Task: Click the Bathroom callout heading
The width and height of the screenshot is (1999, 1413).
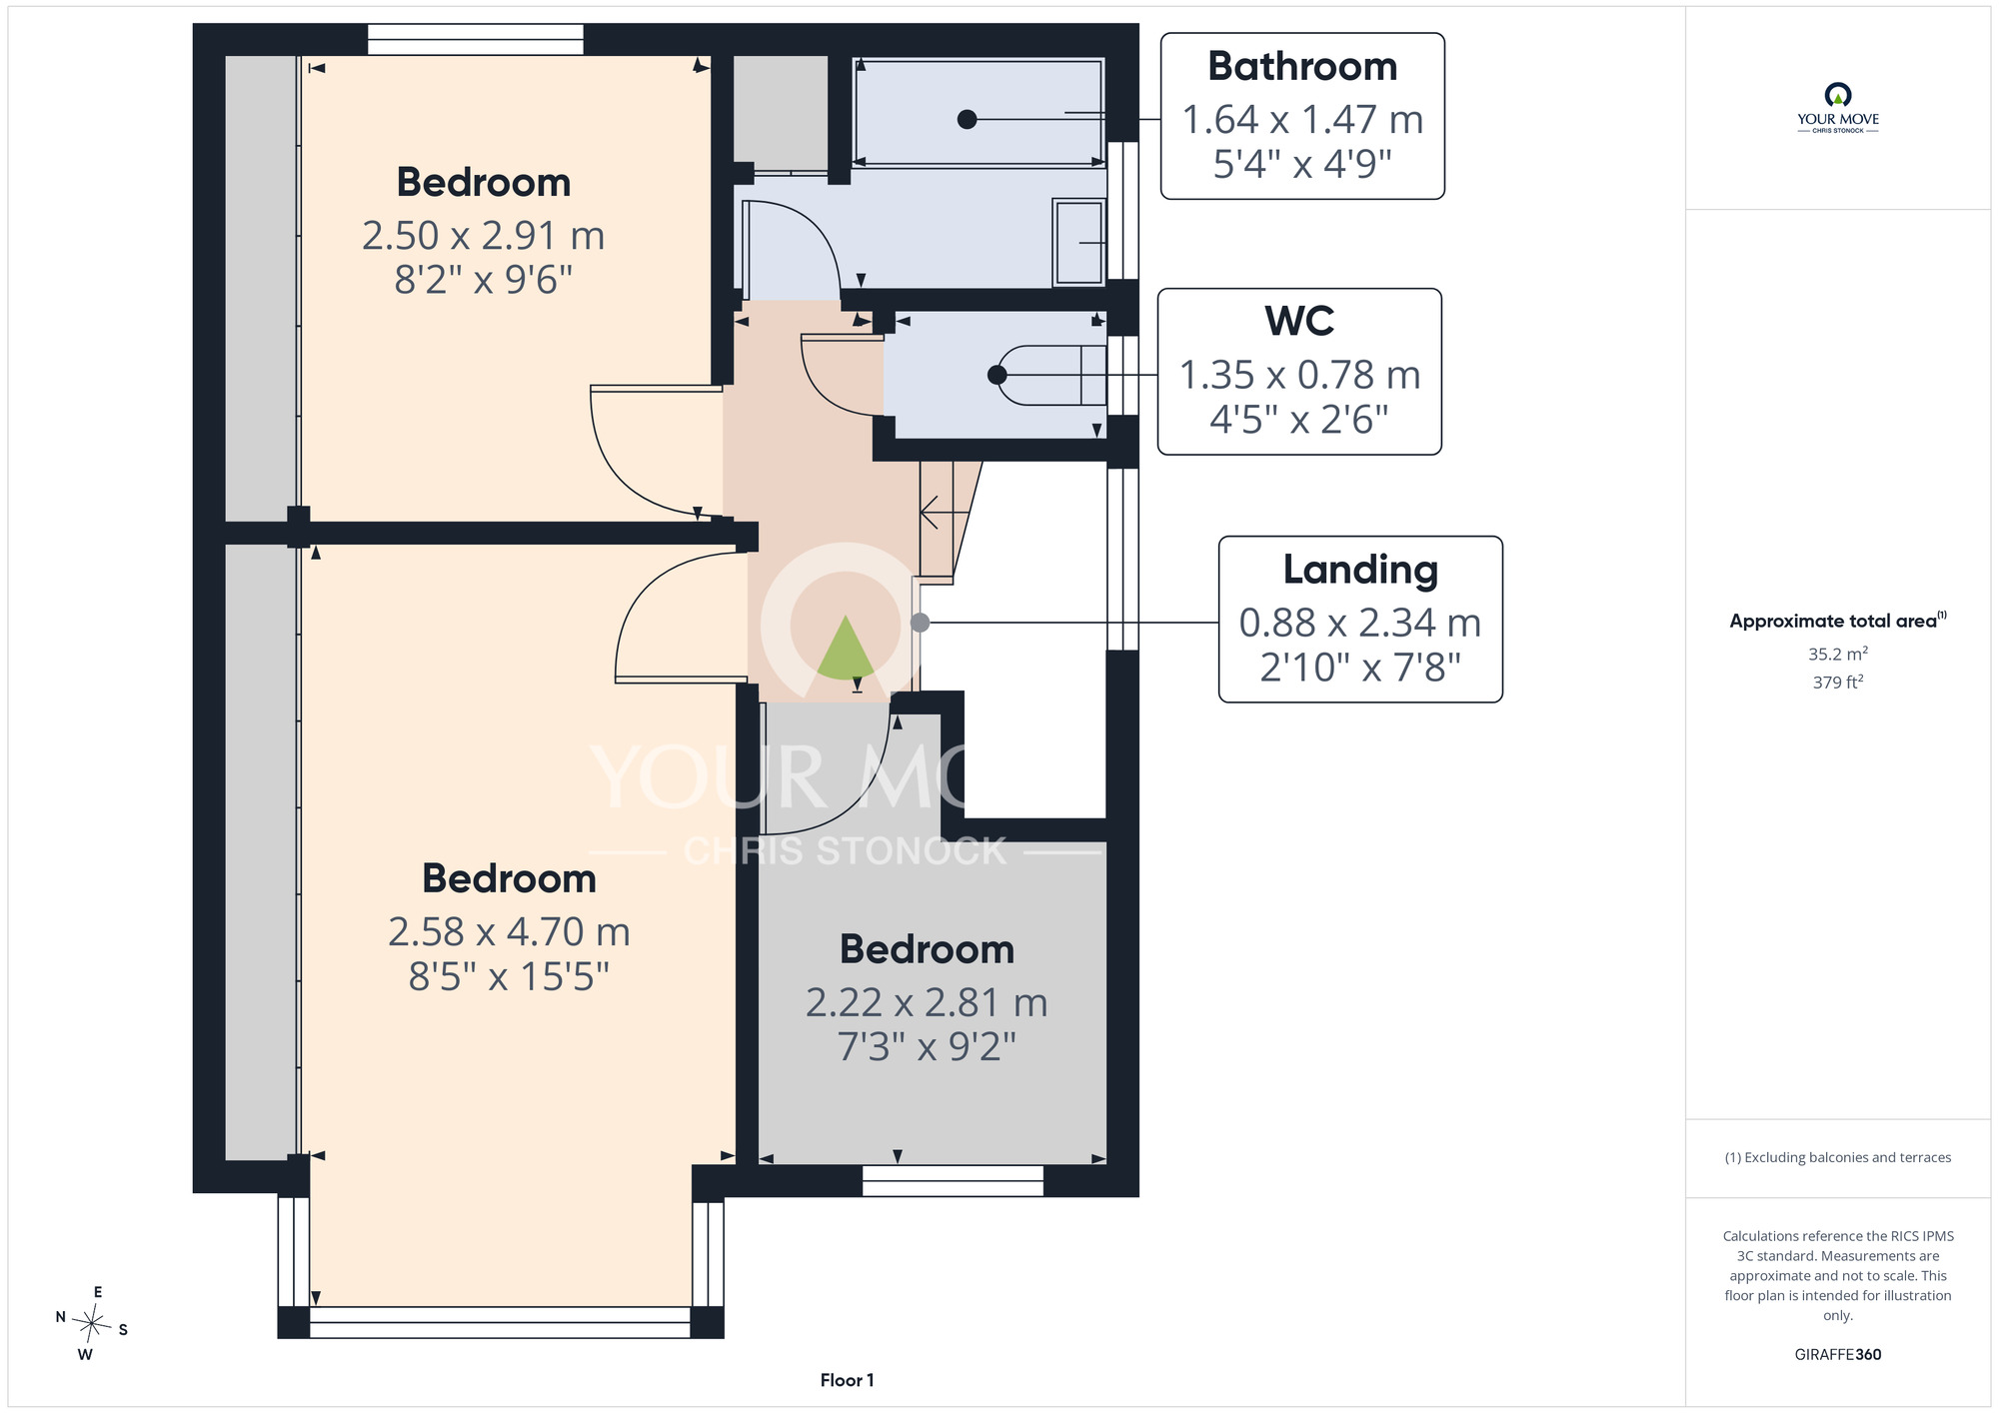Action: (x=1302, y=66)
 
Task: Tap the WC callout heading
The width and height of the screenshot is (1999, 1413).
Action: (x=1299, y=321)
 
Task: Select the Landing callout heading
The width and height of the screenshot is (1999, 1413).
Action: (x=1360, y=570)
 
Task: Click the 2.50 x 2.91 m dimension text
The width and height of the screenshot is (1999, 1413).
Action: (x=484, y=236)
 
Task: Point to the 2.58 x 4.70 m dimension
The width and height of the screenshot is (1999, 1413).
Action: (x=509, y=932)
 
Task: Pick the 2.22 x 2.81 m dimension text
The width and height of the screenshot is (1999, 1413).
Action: (x=927, y=1002)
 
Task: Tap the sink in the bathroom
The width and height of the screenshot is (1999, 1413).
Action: (x=1078, y=242)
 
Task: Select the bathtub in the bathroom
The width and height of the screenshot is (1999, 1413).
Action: (x=980, y=112)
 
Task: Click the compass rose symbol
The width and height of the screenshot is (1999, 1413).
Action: (x=92, y=1325)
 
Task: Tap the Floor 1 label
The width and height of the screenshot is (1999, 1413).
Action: (x=847, y=1380)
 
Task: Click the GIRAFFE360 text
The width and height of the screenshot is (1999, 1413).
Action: (x=1837, y=1355)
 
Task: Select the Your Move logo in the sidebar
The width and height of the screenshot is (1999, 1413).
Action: (x=1838, y=108)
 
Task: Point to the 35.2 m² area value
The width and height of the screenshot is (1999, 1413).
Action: (x=1838, y=654)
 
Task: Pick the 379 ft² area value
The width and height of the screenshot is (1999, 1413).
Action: (x=1838, y=683)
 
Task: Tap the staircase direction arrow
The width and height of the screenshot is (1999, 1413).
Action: (x=944, y=513)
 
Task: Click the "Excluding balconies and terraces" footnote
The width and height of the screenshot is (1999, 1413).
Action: (x=1838, y=1157)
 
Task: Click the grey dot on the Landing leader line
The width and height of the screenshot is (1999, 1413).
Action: (x=921, y=623)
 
